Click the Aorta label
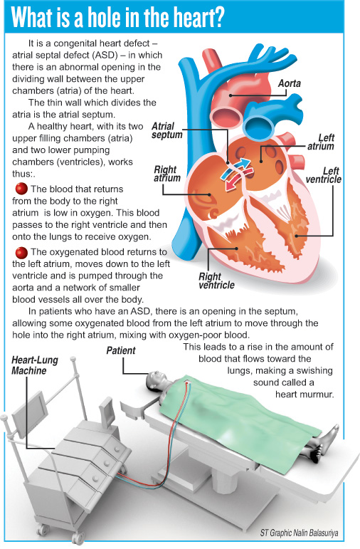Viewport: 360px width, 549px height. [290, 83]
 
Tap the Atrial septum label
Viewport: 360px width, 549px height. [167, 130]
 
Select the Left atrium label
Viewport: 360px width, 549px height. [321, 142]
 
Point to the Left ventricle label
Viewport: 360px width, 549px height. [323, 175]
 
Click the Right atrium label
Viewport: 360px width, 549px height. [167, 174]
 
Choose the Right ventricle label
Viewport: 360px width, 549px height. [216, 281]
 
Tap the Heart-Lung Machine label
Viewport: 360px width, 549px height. [35, 365]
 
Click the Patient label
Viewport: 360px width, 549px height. [121, 350]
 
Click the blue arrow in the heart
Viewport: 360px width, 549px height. [235, 168]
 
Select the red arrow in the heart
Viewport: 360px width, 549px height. [239, 179]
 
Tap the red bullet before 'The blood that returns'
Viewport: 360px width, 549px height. [21, 189]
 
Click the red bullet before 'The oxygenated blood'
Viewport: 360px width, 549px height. [21, 252]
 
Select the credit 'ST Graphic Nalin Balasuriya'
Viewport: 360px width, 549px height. [299, 533]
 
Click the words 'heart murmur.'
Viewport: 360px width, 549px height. [305, 394]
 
